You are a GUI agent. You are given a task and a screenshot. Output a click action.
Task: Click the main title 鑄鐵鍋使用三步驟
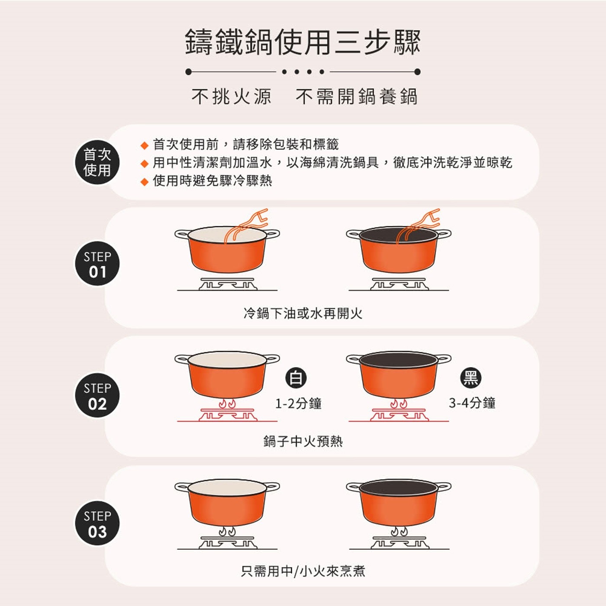pos(303,42)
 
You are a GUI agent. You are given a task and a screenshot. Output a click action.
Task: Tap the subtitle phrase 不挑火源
pos(231,96)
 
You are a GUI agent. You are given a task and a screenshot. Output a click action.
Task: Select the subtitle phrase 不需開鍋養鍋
pos(357,96)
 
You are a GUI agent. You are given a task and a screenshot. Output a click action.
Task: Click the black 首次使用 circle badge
pos(97,162)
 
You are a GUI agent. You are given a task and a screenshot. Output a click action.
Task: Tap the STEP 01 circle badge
pos(97,264)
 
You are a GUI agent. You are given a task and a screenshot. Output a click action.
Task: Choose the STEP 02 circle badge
pos(97,395)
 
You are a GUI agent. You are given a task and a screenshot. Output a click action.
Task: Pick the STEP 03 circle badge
pos(97,523)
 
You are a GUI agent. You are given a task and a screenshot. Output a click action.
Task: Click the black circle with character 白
pos(296,378)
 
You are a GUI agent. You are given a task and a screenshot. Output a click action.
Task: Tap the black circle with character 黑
pos(471,378)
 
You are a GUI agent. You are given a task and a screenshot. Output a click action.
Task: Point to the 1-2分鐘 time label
pos(298,403)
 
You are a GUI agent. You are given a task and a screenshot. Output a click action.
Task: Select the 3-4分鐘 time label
pos(472,403)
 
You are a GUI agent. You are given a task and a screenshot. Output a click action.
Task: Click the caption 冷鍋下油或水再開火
pos(303,313)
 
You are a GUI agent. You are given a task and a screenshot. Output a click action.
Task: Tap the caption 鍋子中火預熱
pos(303,441)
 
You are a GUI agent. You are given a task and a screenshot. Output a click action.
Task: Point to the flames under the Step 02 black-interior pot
pos(399,403)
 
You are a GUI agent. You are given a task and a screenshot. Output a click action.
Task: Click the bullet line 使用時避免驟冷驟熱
pos(212,181)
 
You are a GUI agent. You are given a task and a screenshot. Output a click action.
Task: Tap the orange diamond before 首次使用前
pos(144,145)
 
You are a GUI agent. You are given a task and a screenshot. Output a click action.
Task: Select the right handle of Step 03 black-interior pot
pos(444,487)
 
